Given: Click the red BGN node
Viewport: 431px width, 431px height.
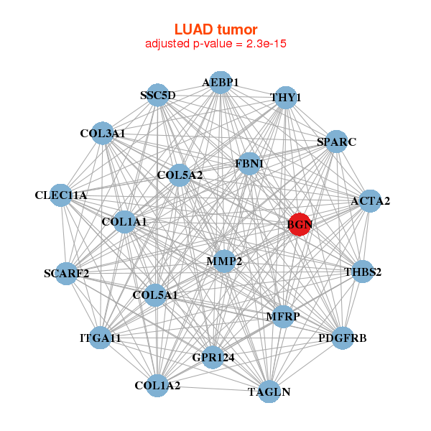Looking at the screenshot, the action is click(x=299, y=225).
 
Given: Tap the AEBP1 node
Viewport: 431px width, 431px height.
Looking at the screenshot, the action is click(x=221, y=83).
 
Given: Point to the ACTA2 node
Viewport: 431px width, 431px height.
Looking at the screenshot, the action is click(x=364, y=201).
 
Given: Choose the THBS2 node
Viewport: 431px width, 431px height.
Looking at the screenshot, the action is click(x=363, y=272).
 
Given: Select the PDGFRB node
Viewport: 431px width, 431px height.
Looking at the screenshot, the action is click(x=343, y=338).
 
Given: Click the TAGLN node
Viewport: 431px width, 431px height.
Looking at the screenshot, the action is click(x=269, y=391).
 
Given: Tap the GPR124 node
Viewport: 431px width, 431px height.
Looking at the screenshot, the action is click(x=213, y=356).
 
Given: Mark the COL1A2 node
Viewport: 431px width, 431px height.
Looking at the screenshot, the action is click(x=158, y=386).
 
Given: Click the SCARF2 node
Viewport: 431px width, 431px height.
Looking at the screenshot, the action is click(x=66, y=273).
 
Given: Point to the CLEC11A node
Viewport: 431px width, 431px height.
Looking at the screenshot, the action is click(x=61, y=195).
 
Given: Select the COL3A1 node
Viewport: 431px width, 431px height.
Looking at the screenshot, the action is click(x=103, y=134).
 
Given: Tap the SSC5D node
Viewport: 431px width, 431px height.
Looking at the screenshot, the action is click(x=158, y=95).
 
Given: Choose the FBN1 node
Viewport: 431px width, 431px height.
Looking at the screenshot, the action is click(x=249, y=164).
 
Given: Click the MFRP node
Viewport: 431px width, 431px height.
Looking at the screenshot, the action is click(x=282, y=316).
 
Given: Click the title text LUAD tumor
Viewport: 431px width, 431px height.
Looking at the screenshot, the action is click(x=215, y=29).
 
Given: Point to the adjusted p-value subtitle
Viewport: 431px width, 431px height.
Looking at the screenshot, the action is click(x=215, y=44).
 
